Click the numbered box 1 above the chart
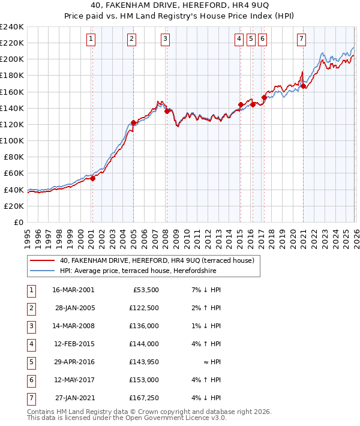91,40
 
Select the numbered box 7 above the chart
301,40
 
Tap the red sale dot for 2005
133,122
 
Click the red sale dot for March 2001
92,178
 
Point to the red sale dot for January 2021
304,86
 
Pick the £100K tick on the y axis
11,140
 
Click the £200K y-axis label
11,59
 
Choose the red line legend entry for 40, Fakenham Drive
157,260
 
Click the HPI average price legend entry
137,271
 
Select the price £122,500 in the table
143,308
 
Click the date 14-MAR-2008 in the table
73,326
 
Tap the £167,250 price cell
143,397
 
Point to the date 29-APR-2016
73,362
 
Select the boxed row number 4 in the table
31,344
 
